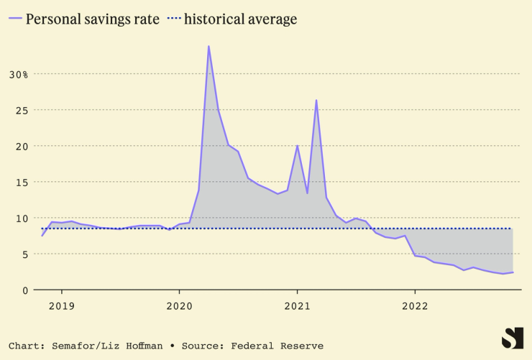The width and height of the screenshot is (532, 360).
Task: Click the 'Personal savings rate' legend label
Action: click(93, 19)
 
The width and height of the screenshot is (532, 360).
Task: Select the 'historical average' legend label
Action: click(240, 19)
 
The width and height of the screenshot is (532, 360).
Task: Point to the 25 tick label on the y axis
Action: click(21, 110)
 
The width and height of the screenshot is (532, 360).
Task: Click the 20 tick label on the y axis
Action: click(21, 146)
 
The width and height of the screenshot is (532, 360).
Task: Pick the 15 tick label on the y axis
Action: click(21, 182)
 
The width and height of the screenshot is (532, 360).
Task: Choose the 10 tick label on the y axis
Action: click(21, 218)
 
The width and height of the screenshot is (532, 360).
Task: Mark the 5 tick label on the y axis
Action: click(24, 254)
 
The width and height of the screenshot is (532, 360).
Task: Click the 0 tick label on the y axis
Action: click(24, 290)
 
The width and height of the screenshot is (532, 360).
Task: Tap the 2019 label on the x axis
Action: click(61, 305)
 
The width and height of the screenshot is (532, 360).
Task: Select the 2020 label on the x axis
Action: click(179, 305)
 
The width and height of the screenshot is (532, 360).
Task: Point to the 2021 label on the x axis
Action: click(297, 305)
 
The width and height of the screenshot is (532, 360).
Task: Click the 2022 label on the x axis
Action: click(415, 305)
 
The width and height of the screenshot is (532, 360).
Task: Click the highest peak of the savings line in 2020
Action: click(208, 47)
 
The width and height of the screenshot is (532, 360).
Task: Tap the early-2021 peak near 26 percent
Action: click(316, 101)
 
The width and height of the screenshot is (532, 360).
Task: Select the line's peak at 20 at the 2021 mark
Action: click(297, 146)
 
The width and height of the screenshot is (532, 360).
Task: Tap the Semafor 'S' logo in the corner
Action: click(512, 338)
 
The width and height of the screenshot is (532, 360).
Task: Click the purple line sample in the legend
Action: click(14, 19)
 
